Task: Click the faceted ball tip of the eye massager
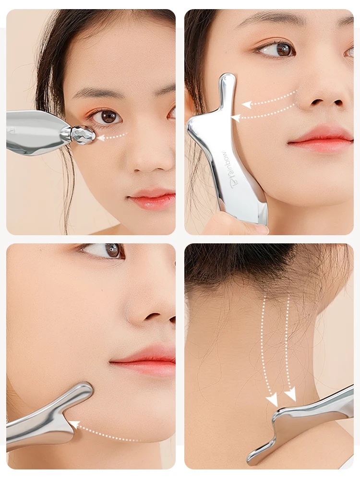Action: (83, 135)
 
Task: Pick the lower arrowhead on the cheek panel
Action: (236, 117)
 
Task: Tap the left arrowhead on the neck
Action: (272, 399)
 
